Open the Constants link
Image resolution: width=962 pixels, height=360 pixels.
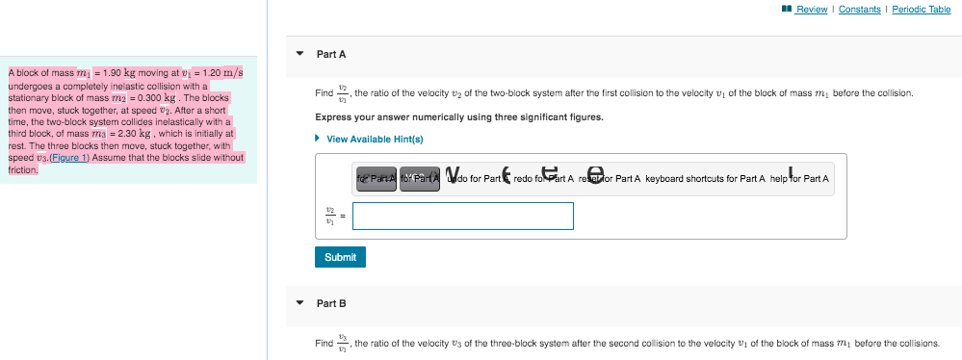pyautogui.click(x=860, y=10)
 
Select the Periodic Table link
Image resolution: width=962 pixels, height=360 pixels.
pyautogui.click(x=922, y=10)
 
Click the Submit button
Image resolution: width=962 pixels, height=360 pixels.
pyautogui.click(x=340, y=257)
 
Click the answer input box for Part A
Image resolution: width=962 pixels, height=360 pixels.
pyautogui.click(x=463, y=216)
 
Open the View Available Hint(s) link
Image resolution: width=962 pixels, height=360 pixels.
pyautogui.click(x=375, y=139)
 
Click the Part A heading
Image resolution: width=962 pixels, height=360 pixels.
pyautogui.click(x=331, y=54)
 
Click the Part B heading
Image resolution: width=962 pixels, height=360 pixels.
pyautogui.click(x=331, y=303)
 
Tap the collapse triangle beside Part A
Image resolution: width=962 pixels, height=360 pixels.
pyautogui.click(x=299, y=54)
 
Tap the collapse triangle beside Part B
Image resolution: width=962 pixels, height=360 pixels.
pyautogui.click(x=299, y=303)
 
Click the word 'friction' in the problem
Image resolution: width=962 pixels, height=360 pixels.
pyautogui.click(x=22, y=169)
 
